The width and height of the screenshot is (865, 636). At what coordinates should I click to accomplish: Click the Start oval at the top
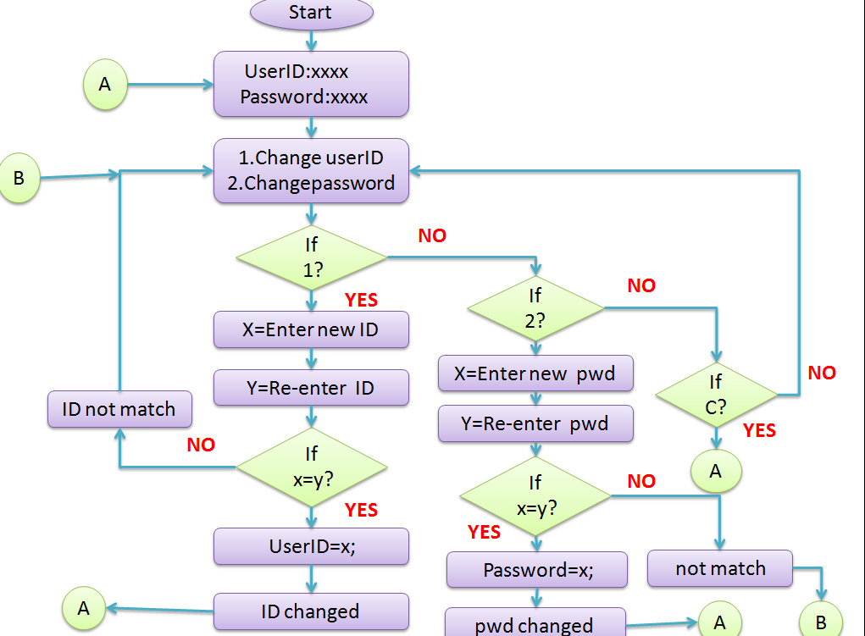click(311, 13)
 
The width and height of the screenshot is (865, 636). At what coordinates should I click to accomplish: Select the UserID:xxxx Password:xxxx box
click(311, 84)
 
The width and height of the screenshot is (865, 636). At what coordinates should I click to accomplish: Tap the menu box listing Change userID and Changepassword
click(311, 170)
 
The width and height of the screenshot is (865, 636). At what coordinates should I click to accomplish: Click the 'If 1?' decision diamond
click(311, 257)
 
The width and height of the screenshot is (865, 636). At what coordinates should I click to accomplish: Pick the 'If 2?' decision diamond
click(535, 308)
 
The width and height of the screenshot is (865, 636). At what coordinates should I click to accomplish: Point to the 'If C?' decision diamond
click(716, 395)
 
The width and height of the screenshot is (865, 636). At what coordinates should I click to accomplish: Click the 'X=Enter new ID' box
click(311, 330)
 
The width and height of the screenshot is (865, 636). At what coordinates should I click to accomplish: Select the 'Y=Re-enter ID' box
click(311, 388)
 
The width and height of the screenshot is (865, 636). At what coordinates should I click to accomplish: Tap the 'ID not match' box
click(119, 410)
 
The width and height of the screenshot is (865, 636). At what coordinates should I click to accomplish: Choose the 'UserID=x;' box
click(311, 546)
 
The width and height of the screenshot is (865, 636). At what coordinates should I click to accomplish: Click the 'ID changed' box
click(311, 611)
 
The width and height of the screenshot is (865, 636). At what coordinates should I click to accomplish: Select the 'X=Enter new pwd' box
click(535, 373)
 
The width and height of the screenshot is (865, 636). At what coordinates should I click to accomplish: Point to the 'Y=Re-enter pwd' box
click(535, 423)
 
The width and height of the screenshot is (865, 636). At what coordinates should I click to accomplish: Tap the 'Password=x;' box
click(537, 570)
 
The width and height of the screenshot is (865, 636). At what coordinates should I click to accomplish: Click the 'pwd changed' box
click(535, 625)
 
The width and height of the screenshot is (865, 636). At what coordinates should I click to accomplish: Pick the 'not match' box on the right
click(720, 568)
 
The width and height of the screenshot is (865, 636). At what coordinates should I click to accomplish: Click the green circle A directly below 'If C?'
click(716, 471)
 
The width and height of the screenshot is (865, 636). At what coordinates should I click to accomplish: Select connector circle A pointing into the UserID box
click(105, 85)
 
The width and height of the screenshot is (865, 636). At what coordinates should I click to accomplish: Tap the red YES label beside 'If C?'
click(759, 430)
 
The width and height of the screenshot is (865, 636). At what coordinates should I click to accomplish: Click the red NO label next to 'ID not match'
click(201, 445)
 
